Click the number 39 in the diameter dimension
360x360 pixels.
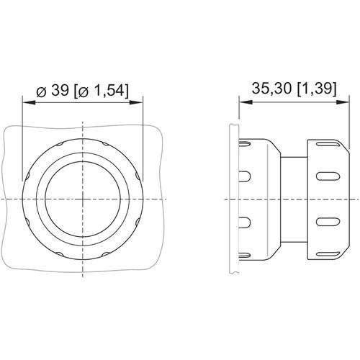click(61, 91)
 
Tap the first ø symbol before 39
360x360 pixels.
click(42, 91)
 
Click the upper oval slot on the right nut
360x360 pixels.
click(326, 176)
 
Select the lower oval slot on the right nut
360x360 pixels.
click(326, 220)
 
